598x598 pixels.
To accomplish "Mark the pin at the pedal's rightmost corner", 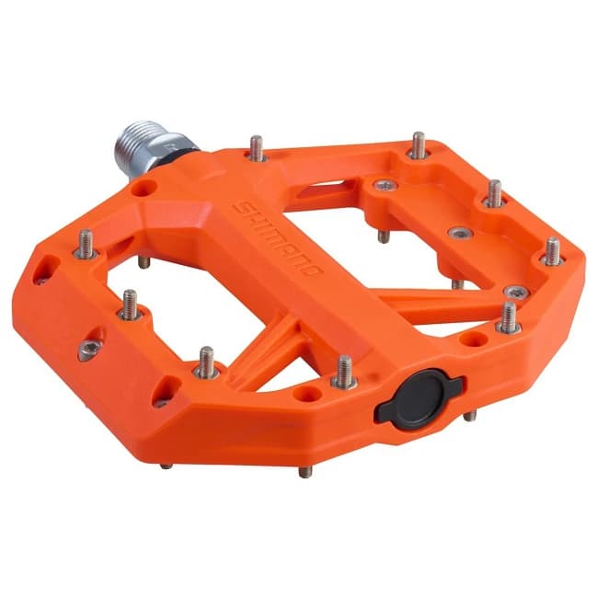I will pyautogui.click(x=553, y=250).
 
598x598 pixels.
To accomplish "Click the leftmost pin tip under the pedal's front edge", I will pyautogui.click(x=165, y=465).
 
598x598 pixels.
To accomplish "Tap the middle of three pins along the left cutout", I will pyautogui.click(x=130, y=304).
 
